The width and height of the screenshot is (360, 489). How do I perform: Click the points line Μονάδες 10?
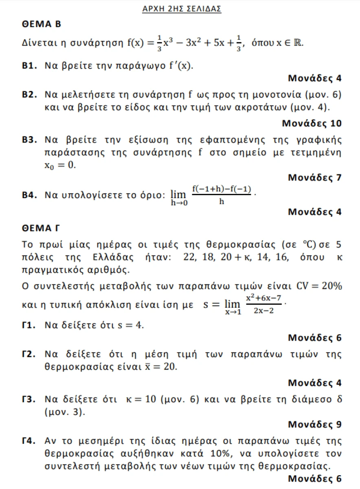tap(312, 123)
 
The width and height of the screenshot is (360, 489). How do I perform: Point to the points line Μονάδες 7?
tap(314, 177)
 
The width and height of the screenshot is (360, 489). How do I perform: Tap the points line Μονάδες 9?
tap(314, 424)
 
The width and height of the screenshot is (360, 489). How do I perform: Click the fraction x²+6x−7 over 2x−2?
tap(263, 304)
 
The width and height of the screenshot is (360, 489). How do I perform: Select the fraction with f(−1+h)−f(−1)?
tap(221, 194)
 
